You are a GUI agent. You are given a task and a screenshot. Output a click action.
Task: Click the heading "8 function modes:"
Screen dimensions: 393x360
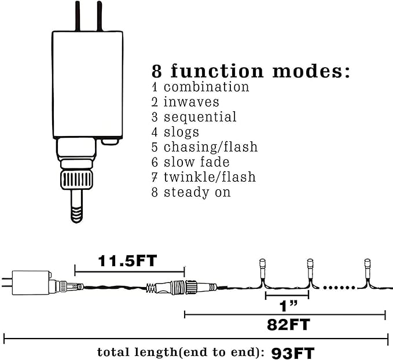point(251,71)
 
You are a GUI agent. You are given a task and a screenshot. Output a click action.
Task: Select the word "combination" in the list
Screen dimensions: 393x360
point(207,87)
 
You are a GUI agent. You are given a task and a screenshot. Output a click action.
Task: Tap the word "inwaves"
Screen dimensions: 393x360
point(192,102)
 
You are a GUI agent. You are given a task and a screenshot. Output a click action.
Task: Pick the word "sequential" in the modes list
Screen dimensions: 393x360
point(200,117)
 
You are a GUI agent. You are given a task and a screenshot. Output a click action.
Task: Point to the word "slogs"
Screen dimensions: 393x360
point(182,132)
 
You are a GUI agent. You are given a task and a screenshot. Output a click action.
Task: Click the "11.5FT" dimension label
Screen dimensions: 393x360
point(127,261)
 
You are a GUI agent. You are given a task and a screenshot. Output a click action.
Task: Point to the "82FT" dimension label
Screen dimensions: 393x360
point(288,325)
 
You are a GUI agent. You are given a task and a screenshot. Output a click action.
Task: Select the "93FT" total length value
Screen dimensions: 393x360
point(292,354)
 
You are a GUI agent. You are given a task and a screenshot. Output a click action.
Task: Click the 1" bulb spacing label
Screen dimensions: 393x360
point(288,306)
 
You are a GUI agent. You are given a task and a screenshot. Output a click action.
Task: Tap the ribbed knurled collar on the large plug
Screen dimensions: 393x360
point(77,180)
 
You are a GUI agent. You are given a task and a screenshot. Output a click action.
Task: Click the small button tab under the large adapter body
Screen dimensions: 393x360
point(110,142)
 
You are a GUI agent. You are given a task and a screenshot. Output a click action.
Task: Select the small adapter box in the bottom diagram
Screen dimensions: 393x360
point(31,283)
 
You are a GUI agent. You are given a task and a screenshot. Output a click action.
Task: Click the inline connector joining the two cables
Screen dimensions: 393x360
point(182,286)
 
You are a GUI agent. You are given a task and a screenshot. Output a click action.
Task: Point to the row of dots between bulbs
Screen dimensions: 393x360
point(339,288)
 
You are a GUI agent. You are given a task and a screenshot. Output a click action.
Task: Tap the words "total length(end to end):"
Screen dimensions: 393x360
point(181,352)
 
